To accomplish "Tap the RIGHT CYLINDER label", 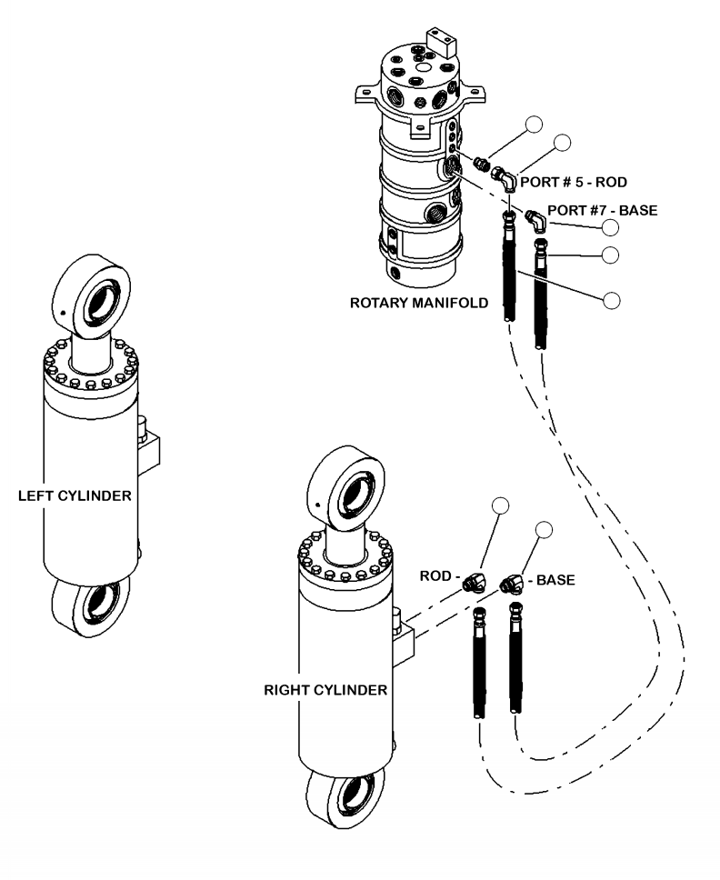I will tap(325, 690).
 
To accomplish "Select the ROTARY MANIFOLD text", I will tap(418, 304).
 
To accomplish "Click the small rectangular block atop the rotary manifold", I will tap(444, 42).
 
